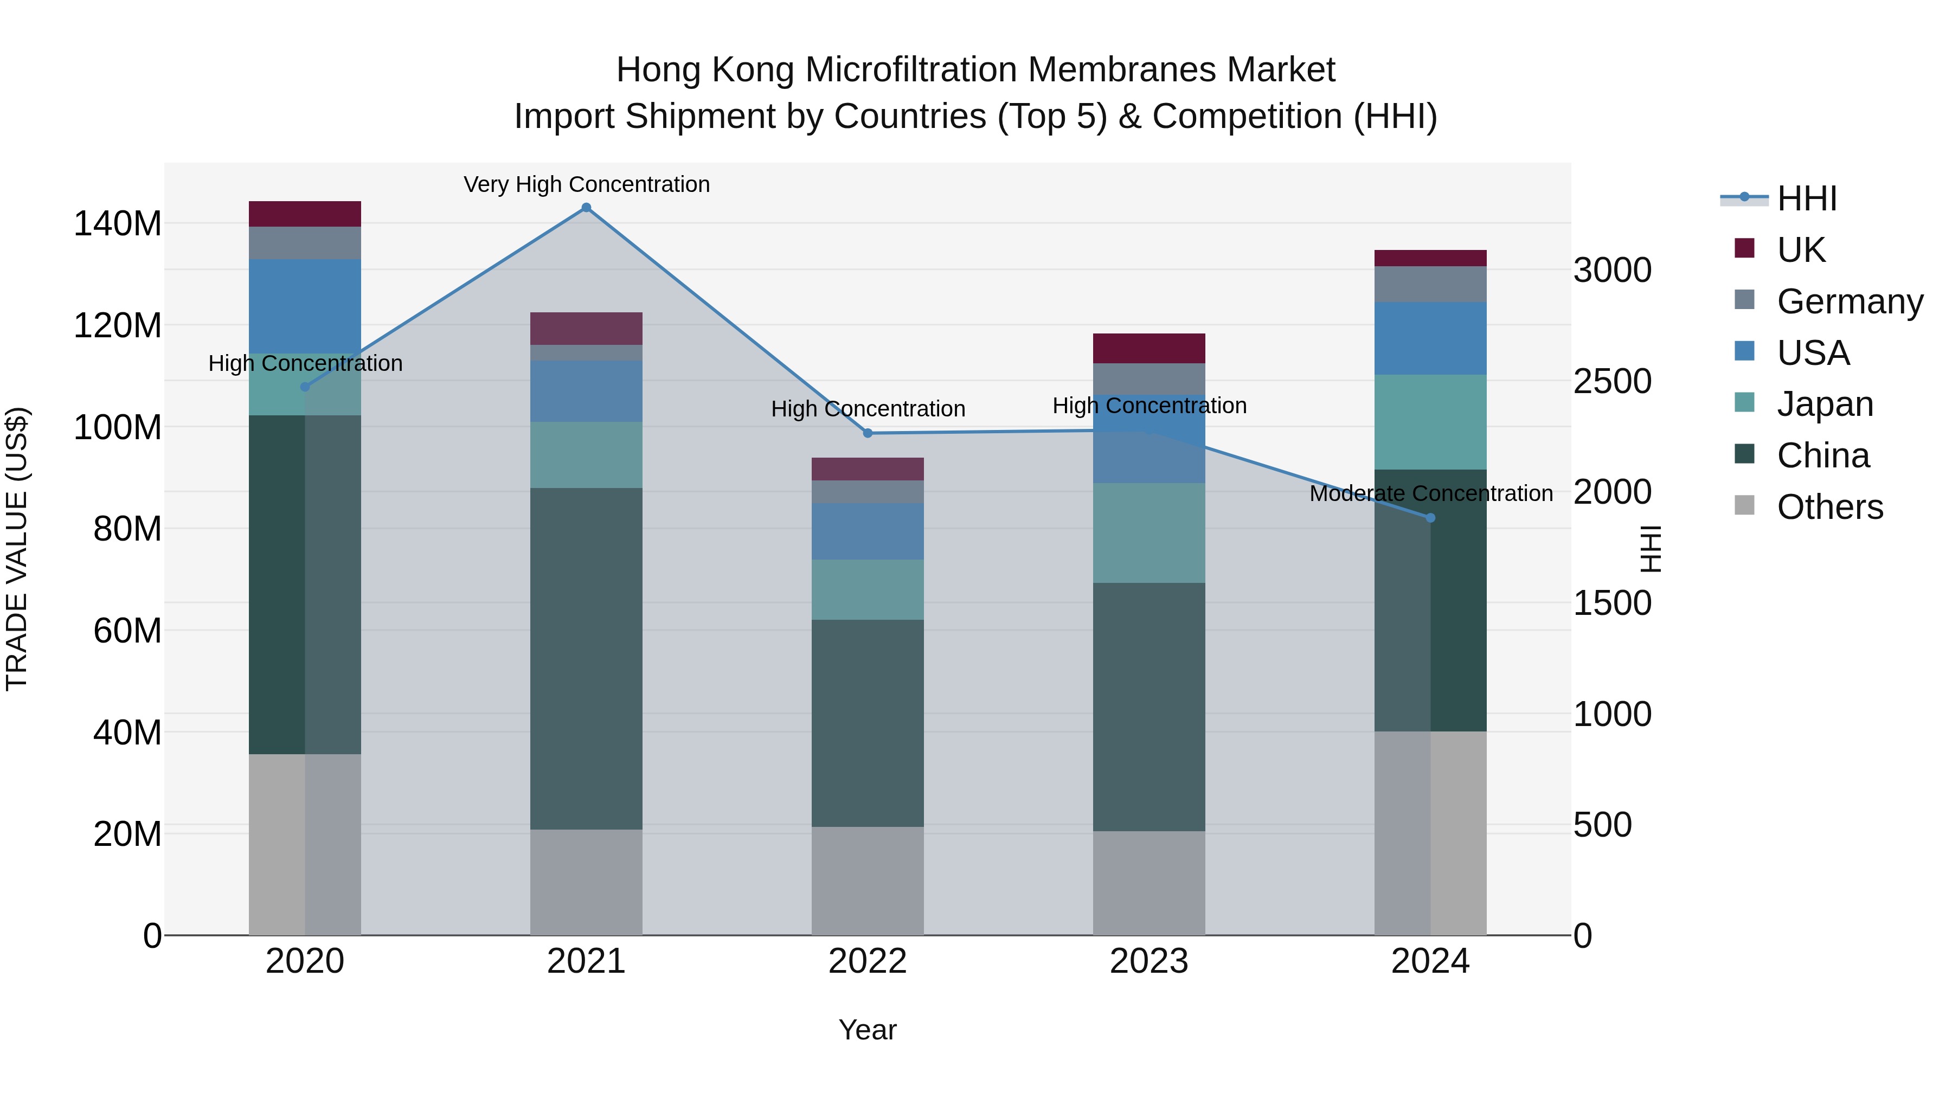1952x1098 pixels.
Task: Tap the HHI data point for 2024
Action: coord(1431,518)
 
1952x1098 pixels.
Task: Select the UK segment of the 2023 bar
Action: coord(1149,349)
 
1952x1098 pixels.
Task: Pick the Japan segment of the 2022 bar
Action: coord(868,589)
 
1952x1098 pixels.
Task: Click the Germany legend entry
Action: coord(1849,301)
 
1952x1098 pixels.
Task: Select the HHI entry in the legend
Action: coord(1807,198)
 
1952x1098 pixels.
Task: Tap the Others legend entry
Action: coord(1829,507)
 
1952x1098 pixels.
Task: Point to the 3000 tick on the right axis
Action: coord(1612,271)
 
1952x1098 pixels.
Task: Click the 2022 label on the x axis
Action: coord(868,961)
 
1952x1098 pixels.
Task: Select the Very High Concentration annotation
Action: coord(587,184)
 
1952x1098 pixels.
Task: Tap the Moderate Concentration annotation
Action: coord(1431,493)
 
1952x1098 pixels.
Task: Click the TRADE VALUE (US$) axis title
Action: coord(17,549)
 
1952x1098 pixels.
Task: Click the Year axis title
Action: coord(868,1030)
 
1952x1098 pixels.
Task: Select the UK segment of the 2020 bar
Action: coord(305,214)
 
